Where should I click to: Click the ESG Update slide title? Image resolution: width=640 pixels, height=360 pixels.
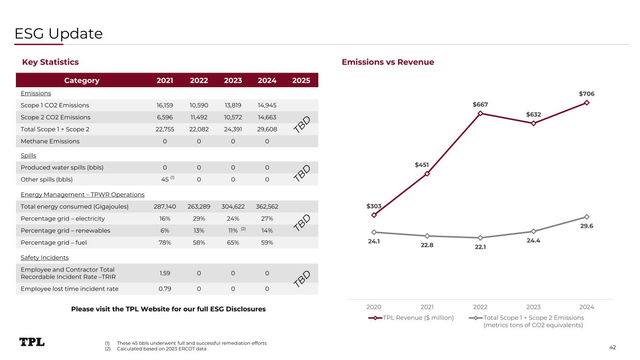(59, 34)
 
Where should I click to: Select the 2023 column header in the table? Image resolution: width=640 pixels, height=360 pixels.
(233, 80)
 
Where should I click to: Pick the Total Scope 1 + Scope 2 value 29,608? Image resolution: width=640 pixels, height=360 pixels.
(267, 129)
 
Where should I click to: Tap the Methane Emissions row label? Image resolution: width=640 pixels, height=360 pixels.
(50, 141)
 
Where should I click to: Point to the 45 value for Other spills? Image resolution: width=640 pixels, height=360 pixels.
(165, 179)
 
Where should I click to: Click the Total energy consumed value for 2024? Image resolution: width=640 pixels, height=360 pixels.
(267, 206)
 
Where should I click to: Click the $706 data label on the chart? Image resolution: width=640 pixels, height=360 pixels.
(587, 94)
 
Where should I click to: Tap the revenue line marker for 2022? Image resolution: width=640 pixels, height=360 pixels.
(480, 113)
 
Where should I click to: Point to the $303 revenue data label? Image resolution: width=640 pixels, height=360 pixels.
(374, 206)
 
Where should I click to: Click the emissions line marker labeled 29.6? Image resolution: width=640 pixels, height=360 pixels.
(587, 217)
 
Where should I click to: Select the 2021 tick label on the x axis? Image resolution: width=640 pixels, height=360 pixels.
(427, 307)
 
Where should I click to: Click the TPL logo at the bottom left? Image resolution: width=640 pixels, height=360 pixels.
(32, 342)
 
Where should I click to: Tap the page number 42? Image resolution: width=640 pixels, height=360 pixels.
(612, 347)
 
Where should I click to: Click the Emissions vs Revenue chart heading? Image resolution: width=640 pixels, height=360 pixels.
(388, 62)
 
